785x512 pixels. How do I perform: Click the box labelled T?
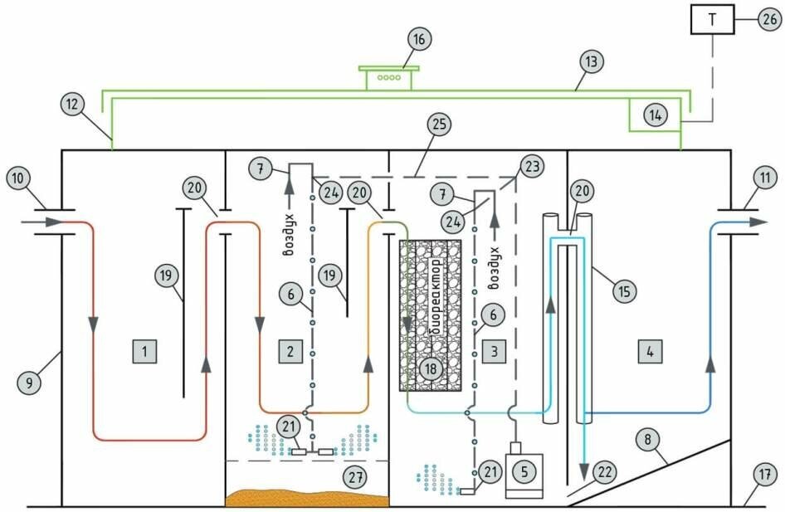point(713,20)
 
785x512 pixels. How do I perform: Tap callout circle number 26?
point(770,20)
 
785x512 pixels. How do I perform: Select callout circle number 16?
point(419,39)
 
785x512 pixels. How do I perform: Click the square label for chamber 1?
point(144,351)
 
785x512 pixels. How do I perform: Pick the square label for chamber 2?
point(290,351)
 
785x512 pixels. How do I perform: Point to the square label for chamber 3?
point(494,351)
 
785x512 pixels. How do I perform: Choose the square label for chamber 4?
point(650,351)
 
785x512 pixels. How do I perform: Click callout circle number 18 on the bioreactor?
point(431,369)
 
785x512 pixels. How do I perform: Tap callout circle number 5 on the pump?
point(524,471)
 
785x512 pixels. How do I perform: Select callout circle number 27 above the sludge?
point(355,477)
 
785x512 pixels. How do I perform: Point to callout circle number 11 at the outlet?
point(765,178)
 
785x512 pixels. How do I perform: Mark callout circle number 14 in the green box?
point(656,115)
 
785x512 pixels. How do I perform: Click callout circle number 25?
point(439,124)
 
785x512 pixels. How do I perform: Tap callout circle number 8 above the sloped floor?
point(648,440)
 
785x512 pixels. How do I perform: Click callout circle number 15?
point(624,290)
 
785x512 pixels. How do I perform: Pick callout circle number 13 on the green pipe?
point(592,61)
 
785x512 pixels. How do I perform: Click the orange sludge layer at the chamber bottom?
point(307,498)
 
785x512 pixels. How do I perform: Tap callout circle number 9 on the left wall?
point(30,383)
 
